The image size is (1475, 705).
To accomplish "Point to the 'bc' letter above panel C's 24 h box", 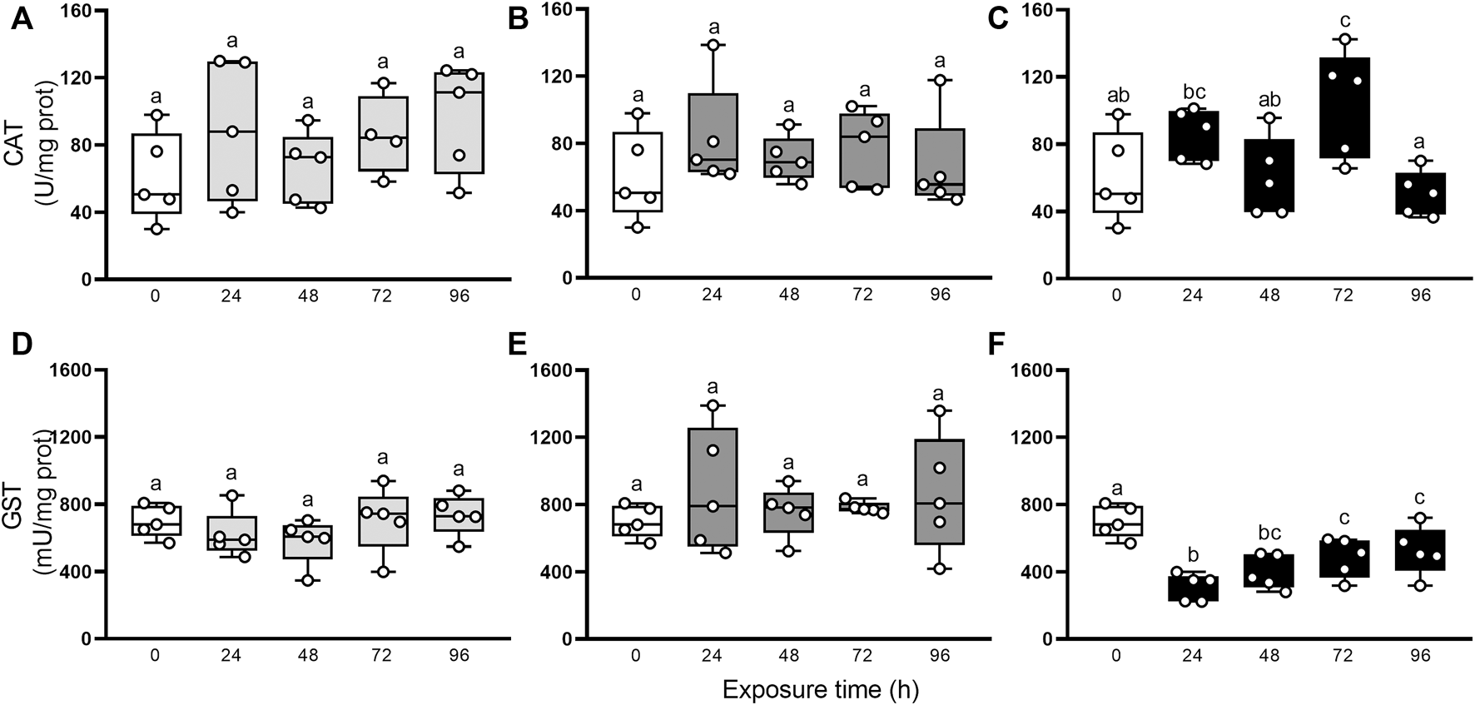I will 1192,92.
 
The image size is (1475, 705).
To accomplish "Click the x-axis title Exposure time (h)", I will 820,690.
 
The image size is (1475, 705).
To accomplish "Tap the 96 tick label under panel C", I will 1420,295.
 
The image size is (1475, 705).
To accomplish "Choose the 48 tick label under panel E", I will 788,655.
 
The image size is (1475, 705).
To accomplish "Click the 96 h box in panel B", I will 940,162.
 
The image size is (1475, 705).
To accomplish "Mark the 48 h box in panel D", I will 308,542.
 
